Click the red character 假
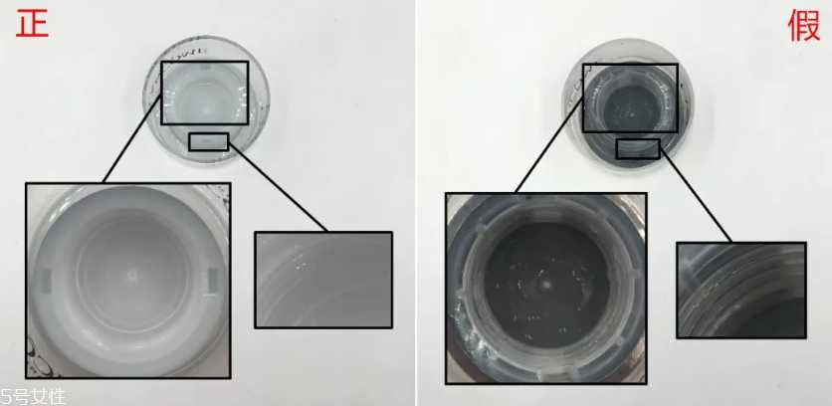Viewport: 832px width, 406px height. [x=804, y=26]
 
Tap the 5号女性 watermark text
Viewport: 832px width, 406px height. [x=33, y=397]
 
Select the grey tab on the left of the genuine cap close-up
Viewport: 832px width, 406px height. [x=46, y=281]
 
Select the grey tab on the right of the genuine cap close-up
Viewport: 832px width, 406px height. [x=213, y=281]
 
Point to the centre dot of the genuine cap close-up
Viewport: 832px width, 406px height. [x=131, y=276]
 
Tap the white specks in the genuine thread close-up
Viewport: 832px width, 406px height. [x=300, y=262]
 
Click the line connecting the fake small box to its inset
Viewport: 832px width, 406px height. [x=696, y=195]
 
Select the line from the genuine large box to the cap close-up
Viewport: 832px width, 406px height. [x=132, y=139]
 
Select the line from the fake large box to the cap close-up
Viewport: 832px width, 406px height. [x=549, y=146]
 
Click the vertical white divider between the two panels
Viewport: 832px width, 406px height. [x=416, y=203]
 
